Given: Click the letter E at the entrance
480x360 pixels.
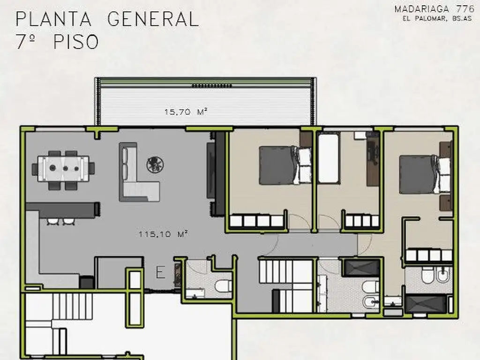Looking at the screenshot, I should pyautogui.click(x=160, y=273).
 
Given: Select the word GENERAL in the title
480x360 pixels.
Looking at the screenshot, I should pyautogui.click(x=153, y=19).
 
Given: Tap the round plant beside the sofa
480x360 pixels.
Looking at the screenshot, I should pyautogui.click(x=154, y=164).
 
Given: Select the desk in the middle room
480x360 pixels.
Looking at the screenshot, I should pyautogui.click(x=373, y=159).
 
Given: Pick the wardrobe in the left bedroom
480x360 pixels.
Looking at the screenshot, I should pyautogui.click(x=257, y=221).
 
